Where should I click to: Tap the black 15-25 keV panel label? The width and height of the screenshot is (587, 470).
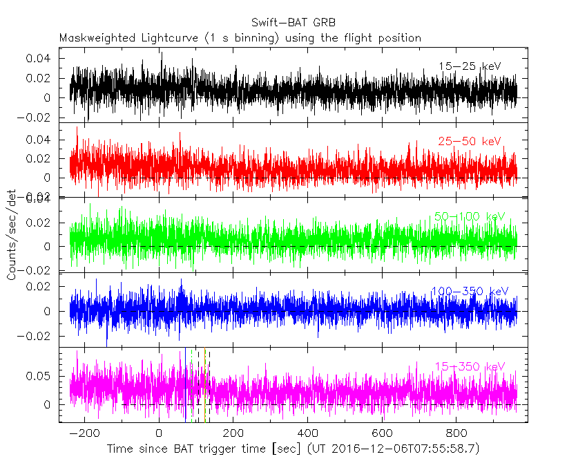coord(470,66)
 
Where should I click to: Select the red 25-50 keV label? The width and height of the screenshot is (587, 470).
coord(469,141)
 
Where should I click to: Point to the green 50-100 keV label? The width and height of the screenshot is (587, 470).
coord(470,216)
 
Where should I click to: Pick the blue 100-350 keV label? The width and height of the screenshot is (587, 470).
coord(469,291)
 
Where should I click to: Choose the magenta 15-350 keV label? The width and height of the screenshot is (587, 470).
coord(470,366)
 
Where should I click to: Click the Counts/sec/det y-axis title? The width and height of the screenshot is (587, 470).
coord(12,234)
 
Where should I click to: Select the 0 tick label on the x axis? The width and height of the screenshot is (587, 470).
coord(159,433)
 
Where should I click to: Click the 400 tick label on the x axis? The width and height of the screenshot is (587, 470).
coord(307,433)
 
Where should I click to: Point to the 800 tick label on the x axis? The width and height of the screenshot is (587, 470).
coord(456,433)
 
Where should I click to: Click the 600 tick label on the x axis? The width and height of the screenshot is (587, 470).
coord(382,433)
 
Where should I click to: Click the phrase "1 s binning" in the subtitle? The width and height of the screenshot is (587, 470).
coord(245,38)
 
